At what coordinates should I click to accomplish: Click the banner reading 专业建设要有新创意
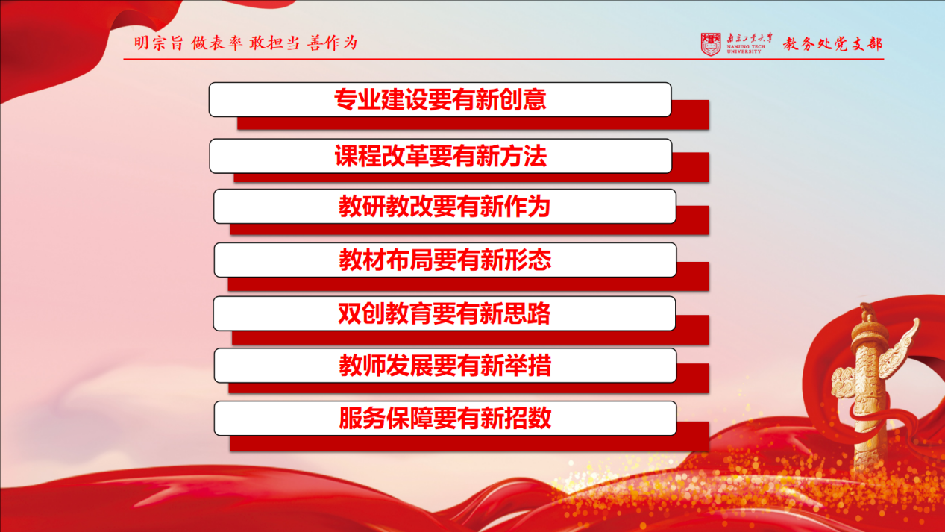(440, 99)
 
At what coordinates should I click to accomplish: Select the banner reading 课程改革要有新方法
(441, 156)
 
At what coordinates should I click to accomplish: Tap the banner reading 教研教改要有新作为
(445, 206)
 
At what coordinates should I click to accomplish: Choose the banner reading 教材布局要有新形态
(445, 260)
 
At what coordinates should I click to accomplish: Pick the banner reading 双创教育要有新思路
(445, 313)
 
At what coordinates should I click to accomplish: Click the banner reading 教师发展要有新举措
(445, 366)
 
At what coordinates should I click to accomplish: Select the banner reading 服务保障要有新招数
(445, 418)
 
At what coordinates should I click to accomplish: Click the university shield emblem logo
(711, 44)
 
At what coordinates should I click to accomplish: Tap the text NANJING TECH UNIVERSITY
(746, 49)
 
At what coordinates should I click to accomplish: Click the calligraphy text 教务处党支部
(833, 44)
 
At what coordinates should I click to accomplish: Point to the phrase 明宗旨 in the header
(159, 43)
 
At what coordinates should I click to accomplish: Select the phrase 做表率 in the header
(217, 43)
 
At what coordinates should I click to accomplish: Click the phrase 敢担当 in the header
(274, 43)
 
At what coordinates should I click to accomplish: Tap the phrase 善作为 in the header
(333, 43)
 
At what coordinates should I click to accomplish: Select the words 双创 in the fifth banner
(362, 313)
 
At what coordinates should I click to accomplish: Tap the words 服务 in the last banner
(362, 418)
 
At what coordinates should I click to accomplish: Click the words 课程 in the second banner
(358, 156)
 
